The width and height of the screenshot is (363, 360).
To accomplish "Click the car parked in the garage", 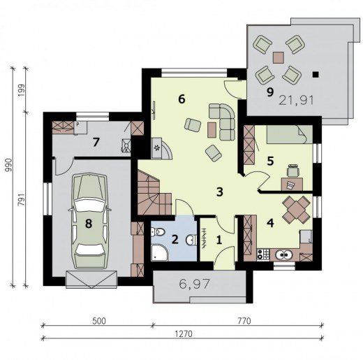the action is point(89,221).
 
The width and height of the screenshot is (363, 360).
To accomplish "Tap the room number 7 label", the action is point(96,142).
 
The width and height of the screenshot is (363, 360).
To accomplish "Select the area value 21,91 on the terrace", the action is point(296,101).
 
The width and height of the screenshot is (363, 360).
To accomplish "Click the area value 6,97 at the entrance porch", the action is point(195,284).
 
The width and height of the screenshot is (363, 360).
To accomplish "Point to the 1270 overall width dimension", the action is point(184,334).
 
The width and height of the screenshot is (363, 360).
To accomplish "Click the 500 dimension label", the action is point(99,321).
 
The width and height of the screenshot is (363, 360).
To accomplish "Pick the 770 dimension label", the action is point(244,321).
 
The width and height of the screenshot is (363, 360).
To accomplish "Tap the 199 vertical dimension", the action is point(22,91).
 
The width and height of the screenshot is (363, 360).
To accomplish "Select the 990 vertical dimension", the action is point(9,165).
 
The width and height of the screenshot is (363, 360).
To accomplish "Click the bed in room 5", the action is point(289,134).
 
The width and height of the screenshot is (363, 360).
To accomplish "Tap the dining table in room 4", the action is point(296,209).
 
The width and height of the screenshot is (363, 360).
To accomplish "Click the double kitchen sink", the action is point(285,255).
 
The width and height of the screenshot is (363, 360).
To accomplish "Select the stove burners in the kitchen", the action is point(263,254).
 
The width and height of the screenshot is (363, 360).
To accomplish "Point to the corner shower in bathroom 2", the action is point(159,252).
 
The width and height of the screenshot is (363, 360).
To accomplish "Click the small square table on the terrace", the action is point(279,57).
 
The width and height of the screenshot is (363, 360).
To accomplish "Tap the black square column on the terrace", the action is point(316,74).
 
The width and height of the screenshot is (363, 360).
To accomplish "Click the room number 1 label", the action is point(218,240).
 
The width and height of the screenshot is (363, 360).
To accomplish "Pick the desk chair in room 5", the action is point(292,171).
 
